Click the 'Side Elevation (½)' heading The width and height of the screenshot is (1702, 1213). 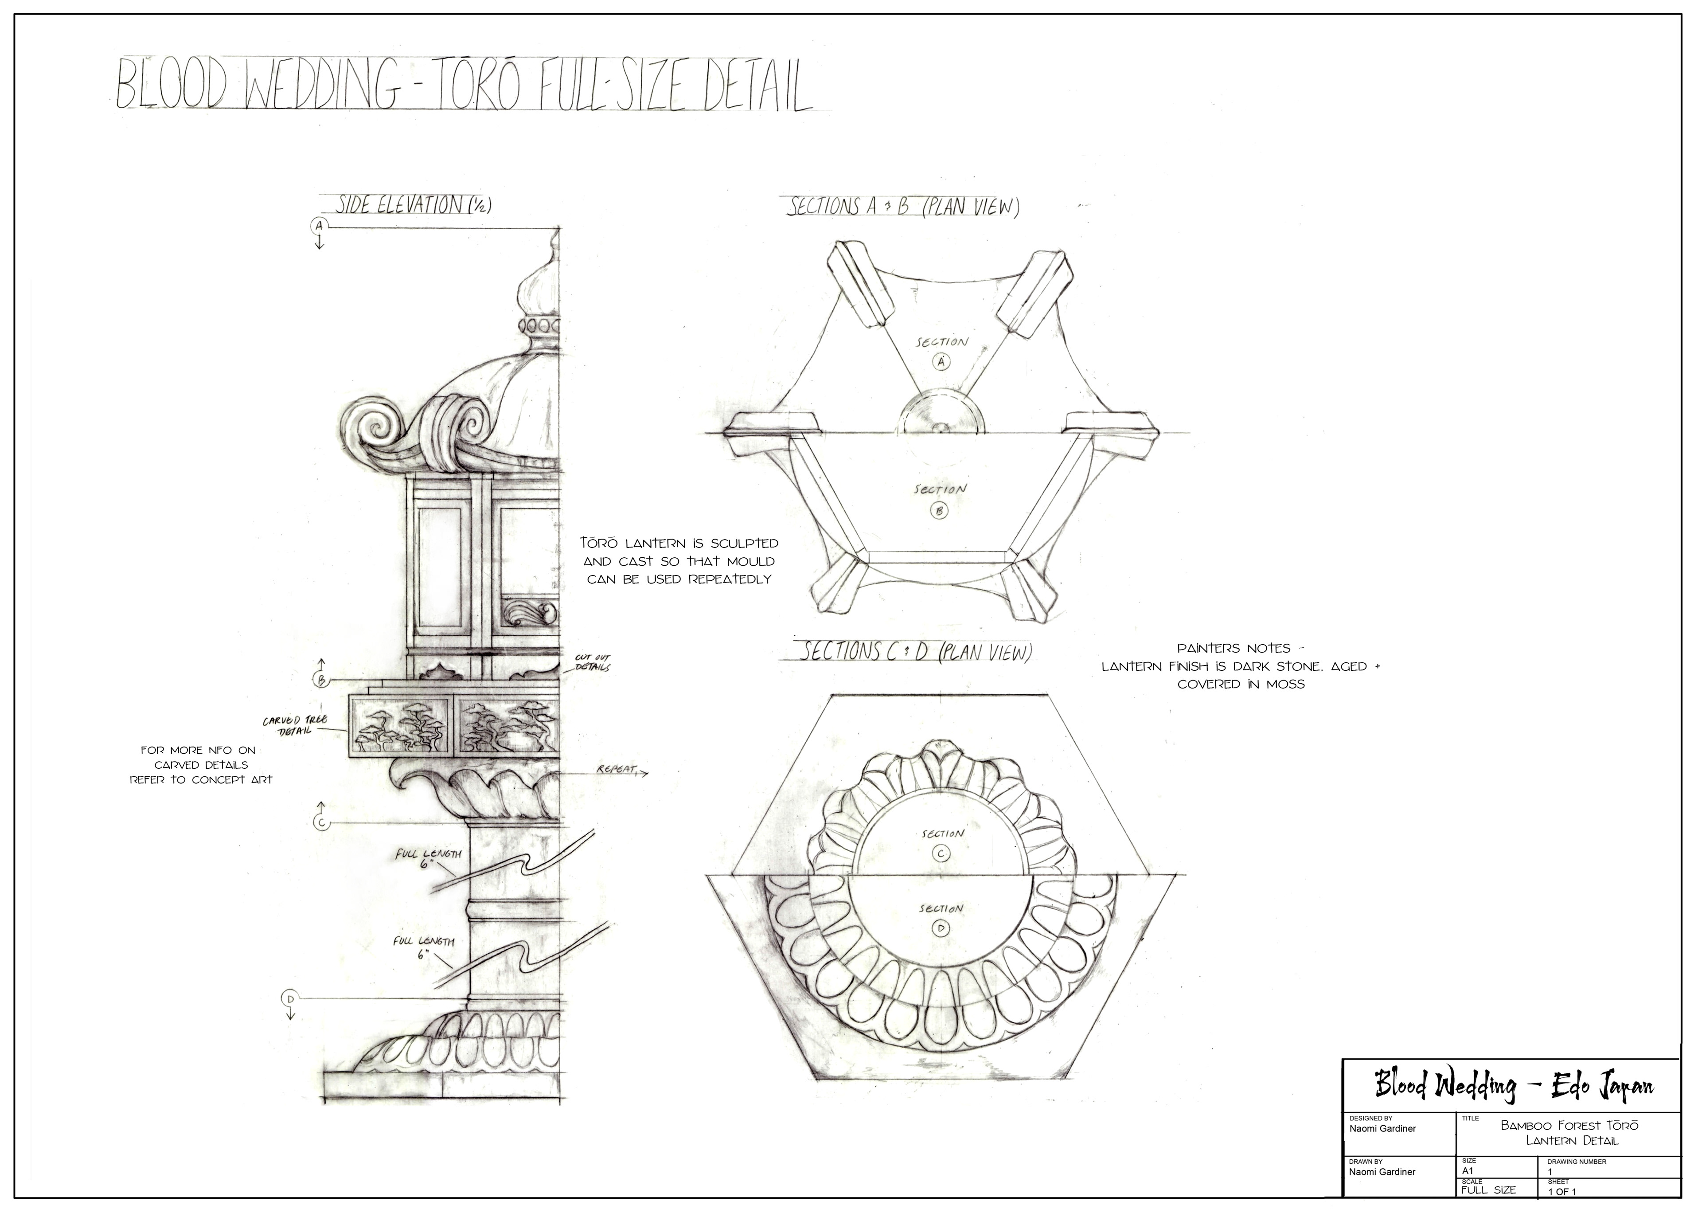coord(411,205)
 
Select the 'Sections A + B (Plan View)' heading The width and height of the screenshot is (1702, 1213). coord(903,207)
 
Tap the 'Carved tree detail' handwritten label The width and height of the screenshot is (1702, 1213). coord(295,724)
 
